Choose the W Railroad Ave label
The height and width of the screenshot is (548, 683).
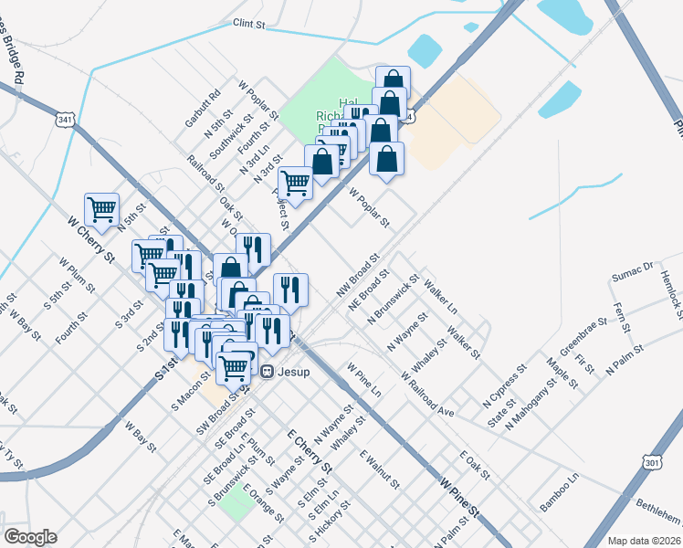click(426, 393)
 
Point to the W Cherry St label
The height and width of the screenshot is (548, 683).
click(90, 239)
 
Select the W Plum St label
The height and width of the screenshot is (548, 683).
click(77, 275)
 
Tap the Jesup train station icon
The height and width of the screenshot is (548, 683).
click(267, 372)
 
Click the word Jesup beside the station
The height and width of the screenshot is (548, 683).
click(294, 372)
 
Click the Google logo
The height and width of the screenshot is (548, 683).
click(30, 536)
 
